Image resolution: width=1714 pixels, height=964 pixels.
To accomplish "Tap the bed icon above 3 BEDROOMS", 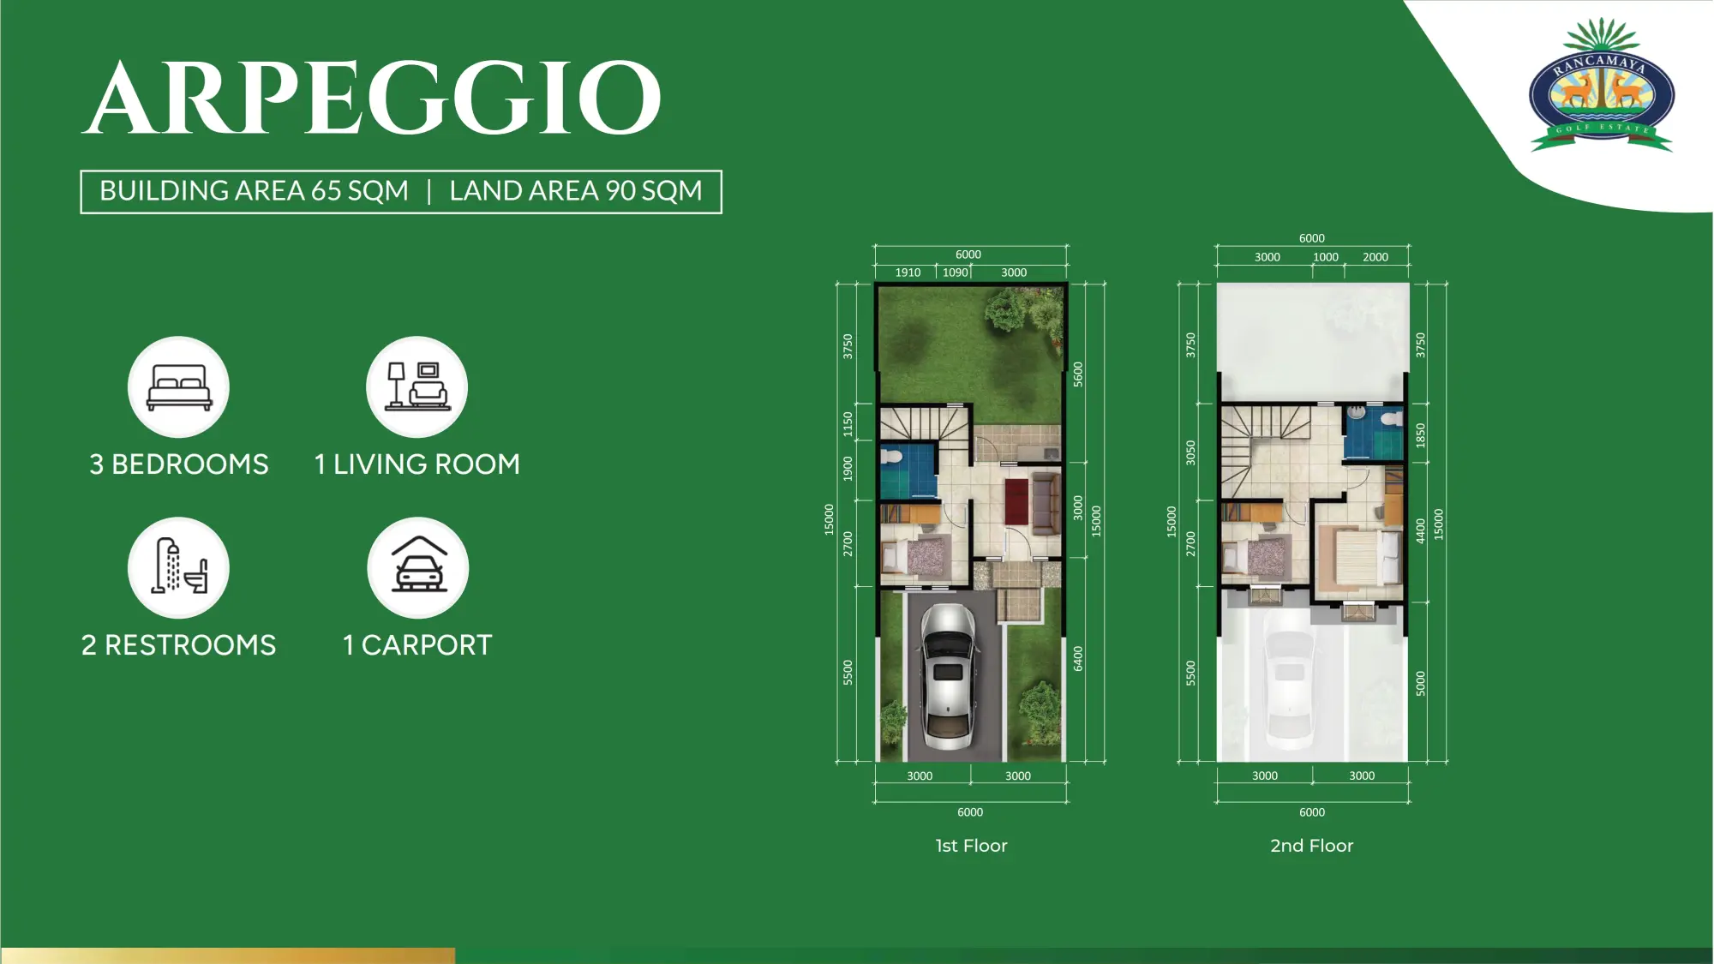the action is (178, 387).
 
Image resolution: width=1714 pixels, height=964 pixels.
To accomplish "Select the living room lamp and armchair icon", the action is (417, 387).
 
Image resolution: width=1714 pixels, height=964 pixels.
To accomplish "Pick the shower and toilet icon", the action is (178, 567).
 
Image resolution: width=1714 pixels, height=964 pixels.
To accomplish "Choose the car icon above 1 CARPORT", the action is (418, 567).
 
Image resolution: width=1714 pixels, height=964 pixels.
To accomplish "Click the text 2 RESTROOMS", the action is (178, 645).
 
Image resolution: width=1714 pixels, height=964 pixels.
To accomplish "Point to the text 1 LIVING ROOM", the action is (417, 464).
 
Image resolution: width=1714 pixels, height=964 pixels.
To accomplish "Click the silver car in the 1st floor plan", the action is (948, 677).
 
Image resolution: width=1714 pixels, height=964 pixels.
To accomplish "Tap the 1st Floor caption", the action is (971, 846).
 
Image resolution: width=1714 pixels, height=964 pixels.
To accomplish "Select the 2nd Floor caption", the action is (1311, 846).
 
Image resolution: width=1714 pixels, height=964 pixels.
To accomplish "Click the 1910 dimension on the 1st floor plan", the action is (908, 272).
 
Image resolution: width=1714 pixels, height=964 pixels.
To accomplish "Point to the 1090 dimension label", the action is (955, 272).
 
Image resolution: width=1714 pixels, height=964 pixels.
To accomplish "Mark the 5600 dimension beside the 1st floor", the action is (1078, 374).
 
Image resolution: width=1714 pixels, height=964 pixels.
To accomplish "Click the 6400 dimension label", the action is (1078, 659).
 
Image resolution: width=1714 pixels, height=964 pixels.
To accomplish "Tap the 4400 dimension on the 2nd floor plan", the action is (1420, 530).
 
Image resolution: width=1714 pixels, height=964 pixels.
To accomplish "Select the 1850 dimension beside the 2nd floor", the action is (1420, 435).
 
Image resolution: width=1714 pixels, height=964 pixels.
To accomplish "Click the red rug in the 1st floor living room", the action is (1016, 501).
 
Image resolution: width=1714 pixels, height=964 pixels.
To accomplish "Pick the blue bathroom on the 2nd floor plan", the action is (1373, 434).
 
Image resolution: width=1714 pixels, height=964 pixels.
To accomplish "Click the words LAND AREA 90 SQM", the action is (576, 191).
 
